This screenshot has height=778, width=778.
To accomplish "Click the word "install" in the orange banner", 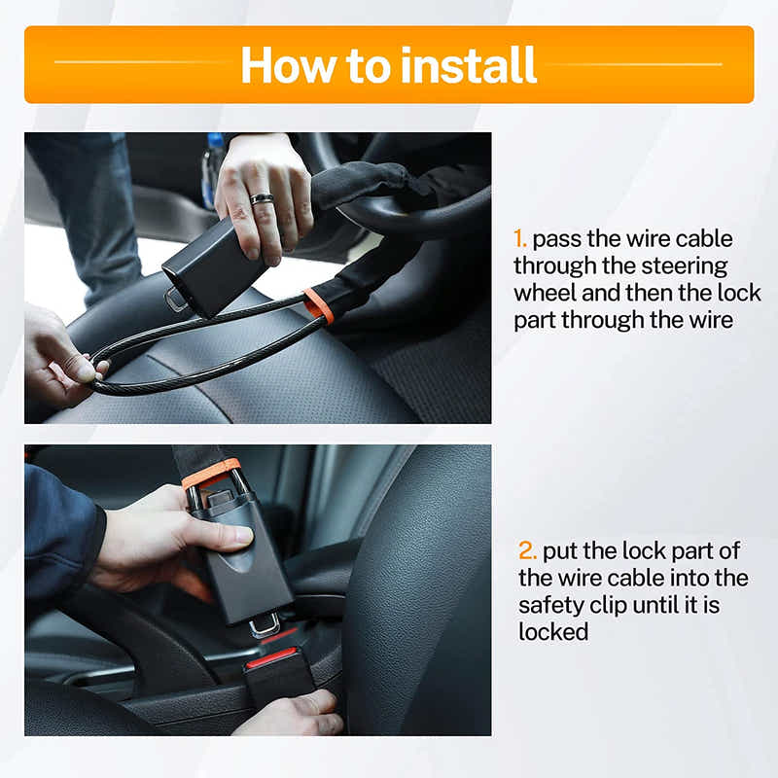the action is (469, 65).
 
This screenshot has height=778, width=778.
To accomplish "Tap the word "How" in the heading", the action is (288, 65).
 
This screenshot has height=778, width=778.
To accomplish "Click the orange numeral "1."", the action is (520, 239).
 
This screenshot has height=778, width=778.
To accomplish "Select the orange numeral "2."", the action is (527, 550).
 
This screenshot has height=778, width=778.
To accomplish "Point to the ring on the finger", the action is (262, 199).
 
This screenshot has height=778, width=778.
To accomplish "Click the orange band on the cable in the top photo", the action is (319, 305).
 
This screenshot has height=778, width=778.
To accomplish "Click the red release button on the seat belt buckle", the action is (271, 656).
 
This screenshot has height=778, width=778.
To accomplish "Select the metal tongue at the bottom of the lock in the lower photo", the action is (265, 625).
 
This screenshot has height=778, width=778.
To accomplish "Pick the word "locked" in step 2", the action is (553, 632).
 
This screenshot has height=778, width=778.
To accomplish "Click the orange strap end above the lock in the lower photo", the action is (211, 473).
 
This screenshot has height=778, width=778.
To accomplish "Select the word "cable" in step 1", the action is (703, 239).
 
